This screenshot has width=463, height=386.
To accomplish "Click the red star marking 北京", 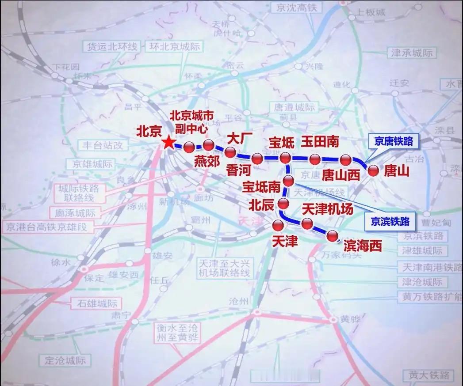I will (168, 142).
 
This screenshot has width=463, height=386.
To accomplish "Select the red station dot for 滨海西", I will (332, 236).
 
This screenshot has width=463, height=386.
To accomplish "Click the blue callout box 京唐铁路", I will (393, 141).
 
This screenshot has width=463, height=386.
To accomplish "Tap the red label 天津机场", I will (327, 209).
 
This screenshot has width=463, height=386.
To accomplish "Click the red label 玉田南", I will (320, 141).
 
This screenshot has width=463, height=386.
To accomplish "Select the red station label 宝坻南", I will (261, 187).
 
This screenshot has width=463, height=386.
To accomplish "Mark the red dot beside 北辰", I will (283, 204).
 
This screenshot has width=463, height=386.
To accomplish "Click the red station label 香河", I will (238, 170).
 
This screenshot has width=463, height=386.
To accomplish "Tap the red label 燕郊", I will (207, 161).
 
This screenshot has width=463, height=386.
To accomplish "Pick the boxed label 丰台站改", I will (102, 144).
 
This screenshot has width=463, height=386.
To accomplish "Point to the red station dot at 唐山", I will (374, 171).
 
